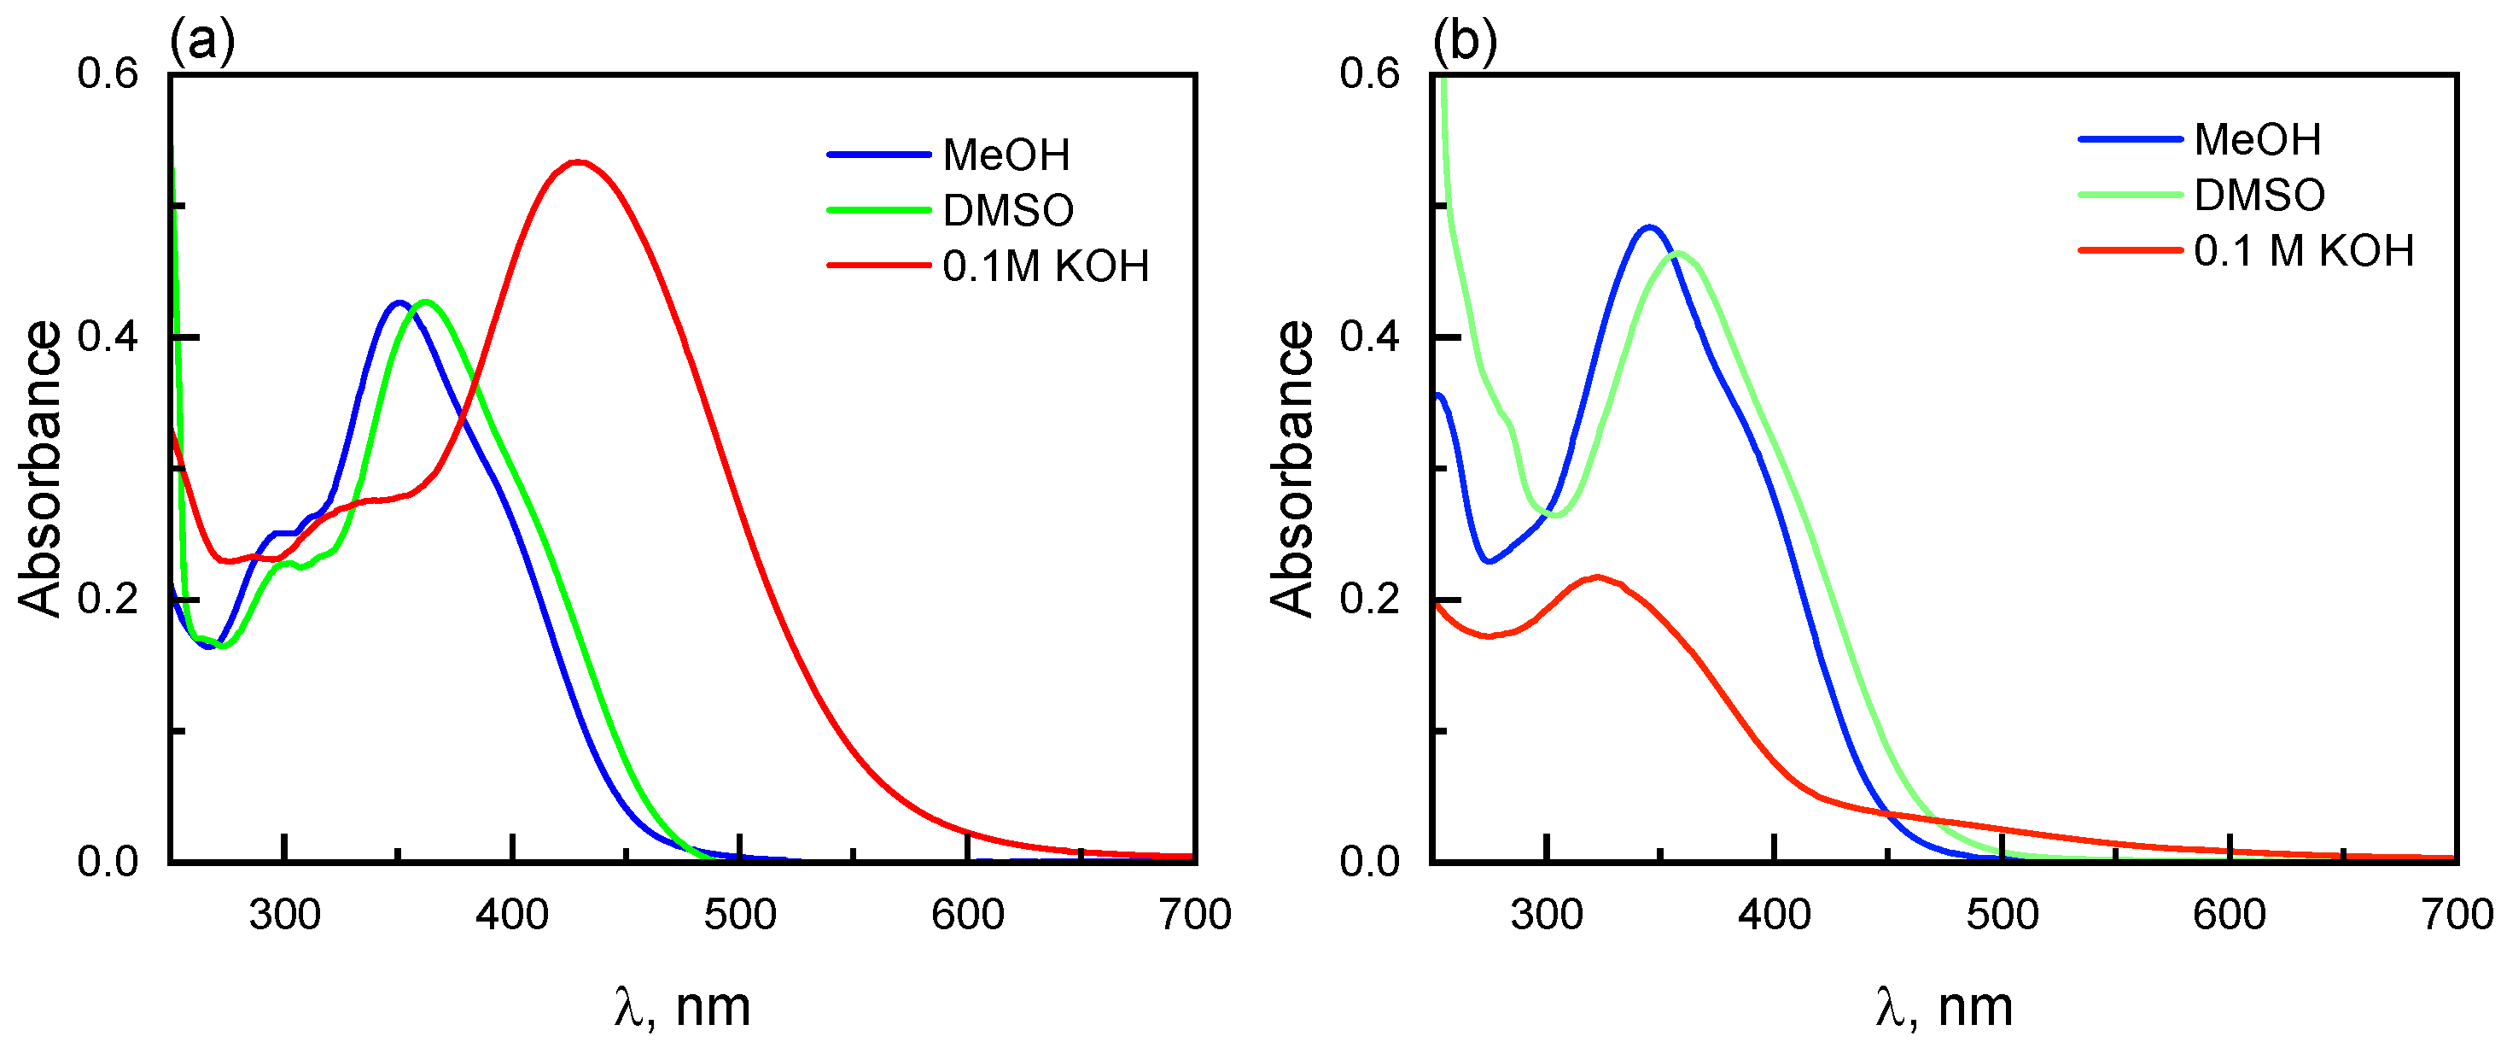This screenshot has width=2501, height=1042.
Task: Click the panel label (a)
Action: pos(202,41)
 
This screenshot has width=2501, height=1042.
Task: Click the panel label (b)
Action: pos(1464,41)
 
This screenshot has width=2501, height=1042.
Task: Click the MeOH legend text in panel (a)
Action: pos(1006,155)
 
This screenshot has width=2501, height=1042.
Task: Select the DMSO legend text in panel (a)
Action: pos(1008,211)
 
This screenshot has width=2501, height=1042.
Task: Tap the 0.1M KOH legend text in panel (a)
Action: pos(1045,266)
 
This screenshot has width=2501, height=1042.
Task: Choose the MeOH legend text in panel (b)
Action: pos(2258,140)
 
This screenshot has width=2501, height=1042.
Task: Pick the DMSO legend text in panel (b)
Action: pos(2259,196)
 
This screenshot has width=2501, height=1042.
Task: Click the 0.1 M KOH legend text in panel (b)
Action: pos(2303,251)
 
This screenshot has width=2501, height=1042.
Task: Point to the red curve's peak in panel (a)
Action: pos(579,162)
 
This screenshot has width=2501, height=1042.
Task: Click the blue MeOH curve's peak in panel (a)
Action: pos(397,303)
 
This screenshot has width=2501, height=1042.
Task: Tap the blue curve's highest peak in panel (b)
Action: pos(1648,227)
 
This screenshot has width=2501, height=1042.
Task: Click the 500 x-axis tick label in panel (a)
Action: pos(740,915)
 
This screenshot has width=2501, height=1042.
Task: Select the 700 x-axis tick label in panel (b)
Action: pos(2457,915)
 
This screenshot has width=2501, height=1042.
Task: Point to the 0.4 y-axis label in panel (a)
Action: pos(108,337)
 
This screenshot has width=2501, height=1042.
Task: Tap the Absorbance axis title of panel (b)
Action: pos(1292,468)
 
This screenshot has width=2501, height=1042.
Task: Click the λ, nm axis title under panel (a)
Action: pos(683,1007)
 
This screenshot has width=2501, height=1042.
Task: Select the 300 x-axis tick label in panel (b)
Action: pos(1546,915)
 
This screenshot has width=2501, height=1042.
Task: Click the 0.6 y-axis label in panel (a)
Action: pos(108,73)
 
